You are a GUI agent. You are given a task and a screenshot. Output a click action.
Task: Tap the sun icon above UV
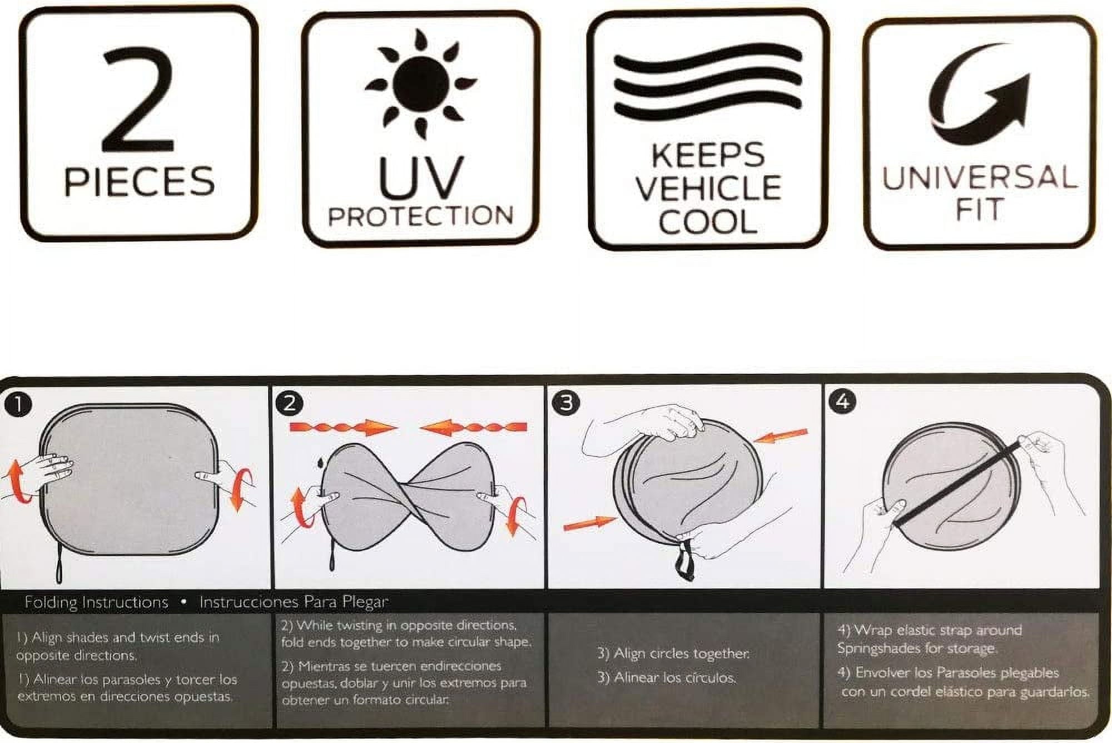click(420, 83)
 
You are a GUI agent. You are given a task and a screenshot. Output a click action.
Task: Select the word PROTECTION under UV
click(420, 216)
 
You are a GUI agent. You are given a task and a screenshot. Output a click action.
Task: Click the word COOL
click(708, 221)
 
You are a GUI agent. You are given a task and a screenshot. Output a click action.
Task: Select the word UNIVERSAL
click(980, 177)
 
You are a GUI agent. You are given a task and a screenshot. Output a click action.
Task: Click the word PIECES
click(139, 181)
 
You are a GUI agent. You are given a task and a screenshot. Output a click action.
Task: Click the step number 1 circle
click(18, 404)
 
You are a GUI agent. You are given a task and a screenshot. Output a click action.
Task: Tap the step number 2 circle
click(289, 403)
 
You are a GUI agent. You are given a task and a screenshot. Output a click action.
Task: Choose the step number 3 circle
click(566, 402)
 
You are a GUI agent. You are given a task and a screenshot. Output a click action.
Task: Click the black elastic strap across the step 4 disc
click(957, 482)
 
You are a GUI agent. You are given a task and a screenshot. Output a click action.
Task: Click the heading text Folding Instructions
click(96, 602)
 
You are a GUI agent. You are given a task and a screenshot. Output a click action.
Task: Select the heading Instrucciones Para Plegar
click(294, 602)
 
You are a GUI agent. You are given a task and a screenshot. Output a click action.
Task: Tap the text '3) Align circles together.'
click(673, 653)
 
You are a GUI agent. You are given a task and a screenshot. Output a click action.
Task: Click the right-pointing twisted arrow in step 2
click(344, 428)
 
